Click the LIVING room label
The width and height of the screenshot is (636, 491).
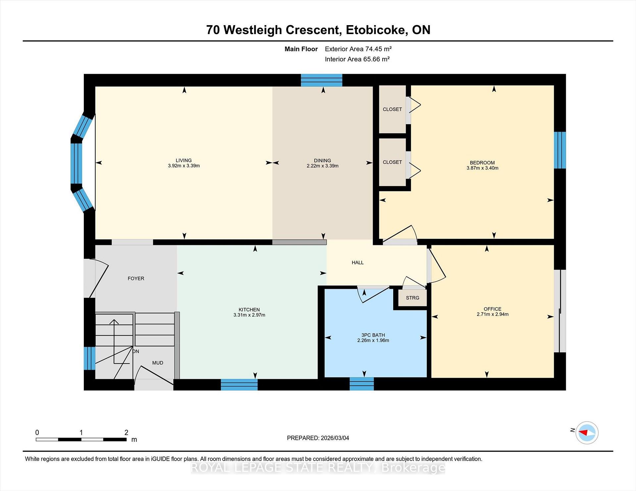[184, 160]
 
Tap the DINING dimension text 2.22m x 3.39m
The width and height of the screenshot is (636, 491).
[322, 166]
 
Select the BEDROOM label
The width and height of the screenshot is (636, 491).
[482, 162]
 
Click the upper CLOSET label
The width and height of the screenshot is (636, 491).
[392, 109]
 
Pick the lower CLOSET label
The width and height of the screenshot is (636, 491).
[392, 162]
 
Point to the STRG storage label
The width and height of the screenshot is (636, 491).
[412, 298]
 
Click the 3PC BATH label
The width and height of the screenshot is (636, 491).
[373, 335]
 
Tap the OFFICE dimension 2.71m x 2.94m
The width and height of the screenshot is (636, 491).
[492, 314]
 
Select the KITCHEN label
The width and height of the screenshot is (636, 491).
[249, 310]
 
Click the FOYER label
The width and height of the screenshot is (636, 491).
[136, 279]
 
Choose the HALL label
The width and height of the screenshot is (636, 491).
[357, 263]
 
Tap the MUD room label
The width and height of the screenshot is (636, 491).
[158, 363]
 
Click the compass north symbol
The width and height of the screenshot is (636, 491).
[587, 432]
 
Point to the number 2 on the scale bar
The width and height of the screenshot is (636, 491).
[126, 432]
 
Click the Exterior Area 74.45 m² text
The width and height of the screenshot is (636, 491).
[358, 49]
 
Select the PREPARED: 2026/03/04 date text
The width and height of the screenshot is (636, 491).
[318, 438]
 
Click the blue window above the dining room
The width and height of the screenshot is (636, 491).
[321, 80]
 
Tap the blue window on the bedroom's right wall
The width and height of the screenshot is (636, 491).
[560, 150]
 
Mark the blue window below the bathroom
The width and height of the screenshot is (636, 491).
[362, 384]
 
